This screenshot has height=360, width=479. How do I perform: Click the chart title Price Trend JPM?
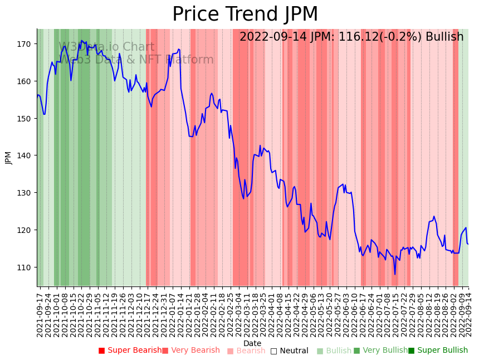[245, 14]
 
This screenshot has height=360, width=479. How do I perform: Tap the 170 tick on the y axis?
[26, 44]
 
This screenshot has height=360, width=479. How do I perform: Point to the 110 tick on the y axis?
[26, 267]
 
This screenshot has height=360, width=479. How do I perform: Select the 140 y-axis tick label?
[26, 155]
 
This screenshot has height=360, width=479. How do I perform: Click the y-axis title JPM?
[8, 158]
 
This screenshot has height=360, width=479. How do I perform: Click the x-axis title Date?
[252, 343]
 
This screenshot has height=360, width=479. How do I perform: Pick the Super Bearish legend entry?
[130, 351]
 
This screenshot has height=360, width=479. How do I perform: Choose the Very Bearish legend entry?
[191, 351]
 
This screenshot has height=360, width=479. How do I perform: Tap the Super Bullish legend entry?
[438, 351]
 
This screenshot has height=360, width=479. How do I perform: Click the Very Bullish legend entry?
[380, 351]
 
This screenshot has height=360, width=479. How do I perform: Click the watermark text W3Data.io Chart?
[106, 47]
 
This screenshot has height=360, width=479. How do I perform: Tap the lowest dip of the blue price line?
[395, 274]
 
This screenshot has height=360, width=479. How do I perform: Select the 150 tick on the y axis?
[26, 119]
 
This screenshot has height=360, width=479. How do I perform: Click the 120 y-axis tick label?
[26, 230]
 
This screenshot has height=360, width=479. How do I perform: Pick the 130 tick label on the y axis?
[26, 193]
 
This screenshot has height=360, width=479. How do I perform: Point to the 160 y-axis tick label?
[26, 81]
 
